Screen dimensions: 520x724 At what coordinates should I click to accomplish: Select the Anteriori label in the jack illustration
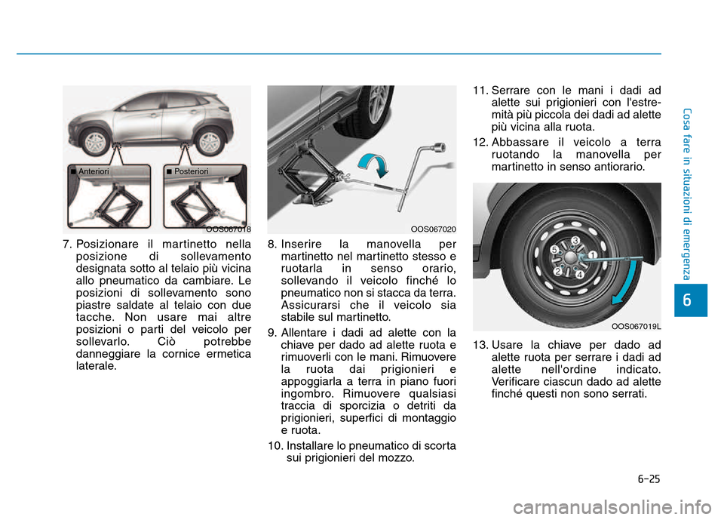pos(92,171)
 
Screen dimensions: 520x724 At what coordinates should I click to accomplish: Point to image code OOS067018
pos(229,229)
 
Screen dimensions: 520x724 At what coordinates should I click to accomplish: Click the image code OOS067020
pos(434,229)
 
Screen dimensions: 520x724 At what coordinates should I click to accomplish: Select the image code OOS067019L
pos(637,326)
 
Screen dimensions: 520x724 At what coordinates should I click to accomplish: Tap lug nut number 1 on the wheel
pos(592,255)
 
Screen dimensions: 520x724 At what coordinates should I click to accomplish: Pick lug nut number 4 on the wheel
pos(579,275)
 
